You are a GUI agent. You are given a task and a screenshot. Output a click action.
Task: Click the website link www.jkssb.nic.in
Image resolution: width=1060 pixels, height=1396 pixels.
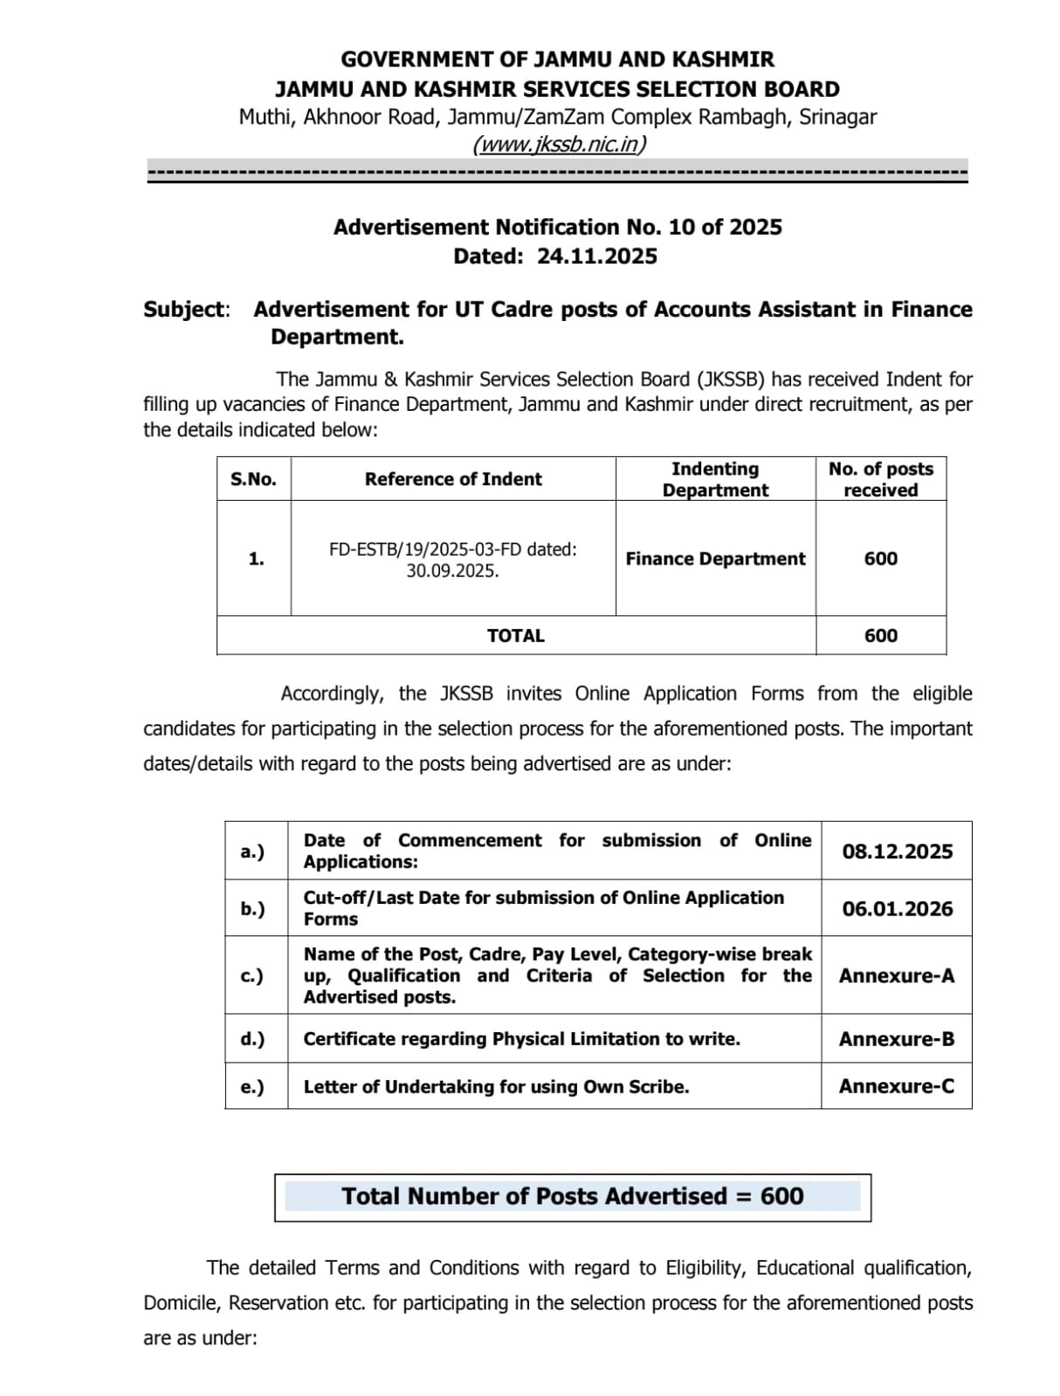pos(559,144)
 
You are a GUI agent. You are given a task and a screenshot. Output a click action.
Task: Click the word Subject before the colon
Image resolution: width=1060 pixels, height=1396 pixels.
pos(184,310)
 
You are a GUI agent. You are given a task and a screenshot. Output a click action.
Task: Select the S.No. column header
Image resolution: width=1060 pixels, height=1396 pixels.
pos(253,479)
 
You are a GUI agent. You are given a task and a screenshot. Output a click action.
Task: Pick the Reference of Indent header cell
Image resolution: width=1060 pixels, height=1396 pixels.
pos(453,479)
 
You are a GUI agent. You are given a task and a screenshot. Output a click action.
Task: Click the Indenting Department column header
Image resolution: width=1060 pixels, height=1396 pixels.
pos(715,479)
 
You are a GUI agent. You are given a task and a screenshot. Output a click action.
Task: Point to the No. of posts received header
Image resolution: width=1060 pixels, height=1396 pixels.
pos(880,479)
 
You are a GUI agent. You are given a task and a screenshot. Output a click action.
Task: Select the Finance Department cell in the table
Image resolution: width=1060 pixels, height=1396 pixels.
pos(715,558)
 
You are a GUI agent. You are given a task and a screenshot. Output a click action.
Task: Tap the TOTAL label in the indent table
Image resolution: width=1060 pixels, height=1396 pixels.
pos(515,635)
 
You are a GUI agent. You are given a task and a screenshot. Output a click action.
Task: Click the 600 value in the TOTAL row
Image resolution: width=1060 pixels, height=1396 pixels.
pos(880,635)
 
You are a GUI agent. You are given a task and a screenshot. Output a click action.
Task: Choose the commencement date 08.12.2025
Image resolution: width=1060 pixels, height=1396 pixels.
pos(897,852)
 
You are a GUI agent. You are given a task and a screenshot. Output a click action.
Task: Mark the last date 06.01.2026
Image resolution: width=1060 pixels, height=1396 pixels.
pos(897,909)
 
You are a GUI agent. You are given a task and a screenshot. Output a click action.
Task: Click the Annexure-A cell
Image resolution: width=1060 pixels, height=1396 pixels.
pos(897,975)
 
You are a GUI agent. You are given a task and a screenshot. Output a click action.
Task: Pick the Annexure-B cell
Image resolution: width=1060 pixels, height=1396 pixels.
pos(897,1039)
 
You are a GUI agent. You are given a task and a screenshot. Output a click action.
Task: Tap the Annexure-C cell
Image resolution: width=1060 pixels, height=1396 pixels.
pos(897,1086)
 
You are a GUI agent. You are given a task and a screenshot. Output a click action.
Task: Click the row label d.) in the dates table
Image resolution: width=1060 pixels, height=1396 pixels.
pos(252,1039)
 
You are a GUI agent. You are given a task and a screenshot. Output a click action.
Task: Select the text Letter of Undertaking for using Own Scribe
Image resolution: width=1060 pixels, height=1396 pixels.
pos(496,1087)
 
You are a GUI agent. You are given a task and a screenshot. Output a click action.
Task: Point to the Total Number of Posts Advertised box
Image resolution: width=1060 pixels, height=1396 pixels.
pos(572,1196)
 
